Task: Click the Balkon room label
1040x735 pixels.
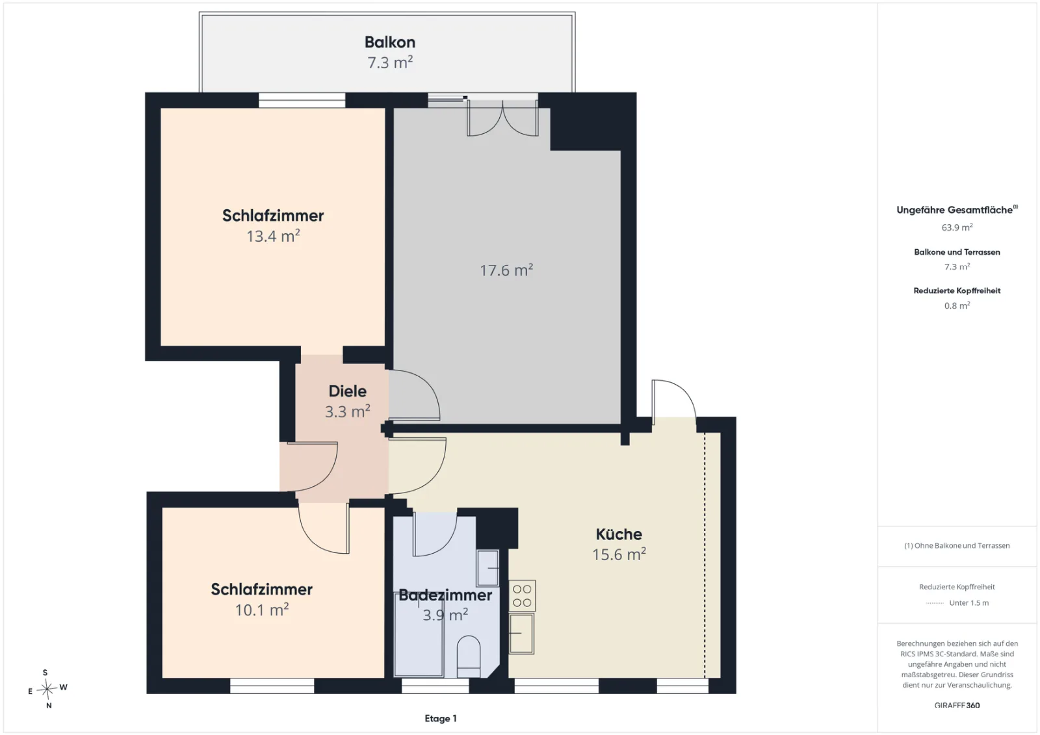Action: pos(389,42)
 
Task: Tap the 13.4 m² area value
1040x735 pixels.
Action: pos(273,236)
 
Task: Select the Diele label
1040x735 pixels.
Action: pos(347,391)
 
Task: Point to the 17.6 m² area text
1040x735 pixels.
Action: pos(506,270)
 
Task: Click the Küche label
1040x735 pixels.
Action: pos(619,534)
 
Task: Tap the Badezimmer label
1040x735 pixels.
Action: pos(445,595)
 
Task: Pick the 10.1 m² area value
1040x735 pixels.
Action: pos(262,610)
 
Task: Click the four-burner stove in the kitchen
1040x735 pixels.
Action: pos(522,596)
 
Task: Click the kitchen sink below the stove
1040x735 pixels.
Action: pos(521,634)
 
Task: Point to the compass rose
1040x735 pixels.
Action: pos(47,689)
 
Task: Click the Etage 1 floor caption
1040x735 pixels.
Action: pos(441,718)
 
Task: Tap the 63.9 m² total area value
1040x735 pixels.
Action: pos(957,227)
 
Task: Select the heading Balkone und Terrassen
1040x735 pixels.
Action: pos(957,252)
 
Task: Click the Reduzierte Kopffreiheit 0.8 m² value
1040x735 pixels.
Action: pos(957,305)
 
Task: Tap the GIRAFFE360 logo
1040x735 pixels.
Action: pos(957,705)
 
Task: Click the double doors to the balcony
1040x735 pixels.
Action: pos(502,119)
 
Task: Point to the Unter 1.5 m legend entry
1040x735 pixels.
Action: pos(969,602)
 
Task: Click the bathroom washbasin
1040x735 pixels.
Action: pos(487,568)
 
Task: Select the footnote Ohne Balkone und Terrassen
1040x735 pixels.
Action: pos(957,545)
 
